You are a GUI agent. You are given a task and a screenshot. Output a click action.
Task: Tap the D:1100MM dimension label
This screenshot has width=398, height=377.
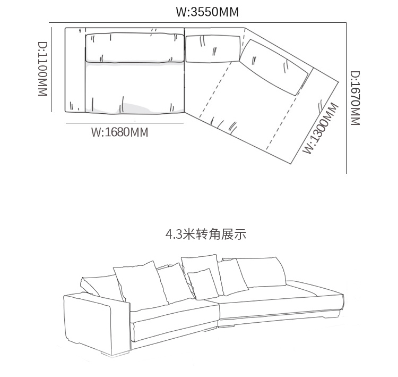[43, 69]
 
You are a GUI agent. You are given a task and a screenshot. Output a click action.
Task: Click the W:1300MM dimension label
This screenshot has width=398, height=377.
[320, 128]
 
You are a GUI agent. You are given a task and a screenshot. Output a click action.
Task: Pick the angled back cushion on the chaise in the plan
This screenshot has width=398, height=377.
[275, 66]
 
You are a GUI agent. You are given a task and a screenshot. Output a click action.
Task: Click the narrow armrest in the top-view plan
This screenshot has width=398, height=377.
[75, 69]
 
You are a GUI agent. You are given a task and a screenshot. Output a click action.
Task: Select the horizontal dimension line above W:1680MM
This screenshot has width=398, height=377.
[125, 122]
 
